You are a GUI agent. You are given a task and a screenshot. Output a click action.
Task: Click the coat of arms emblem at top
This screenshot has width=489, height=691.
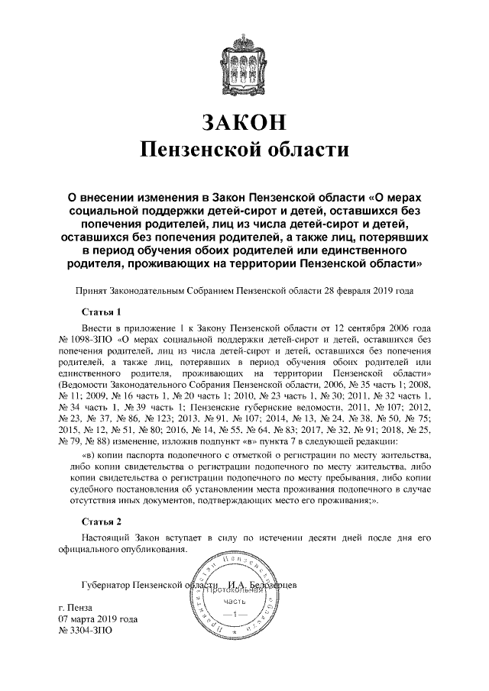[x=244, y=60]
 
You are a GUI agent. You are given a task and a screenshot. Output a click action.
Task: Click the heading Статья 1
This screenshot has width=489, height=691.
[x=102, y=312]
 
